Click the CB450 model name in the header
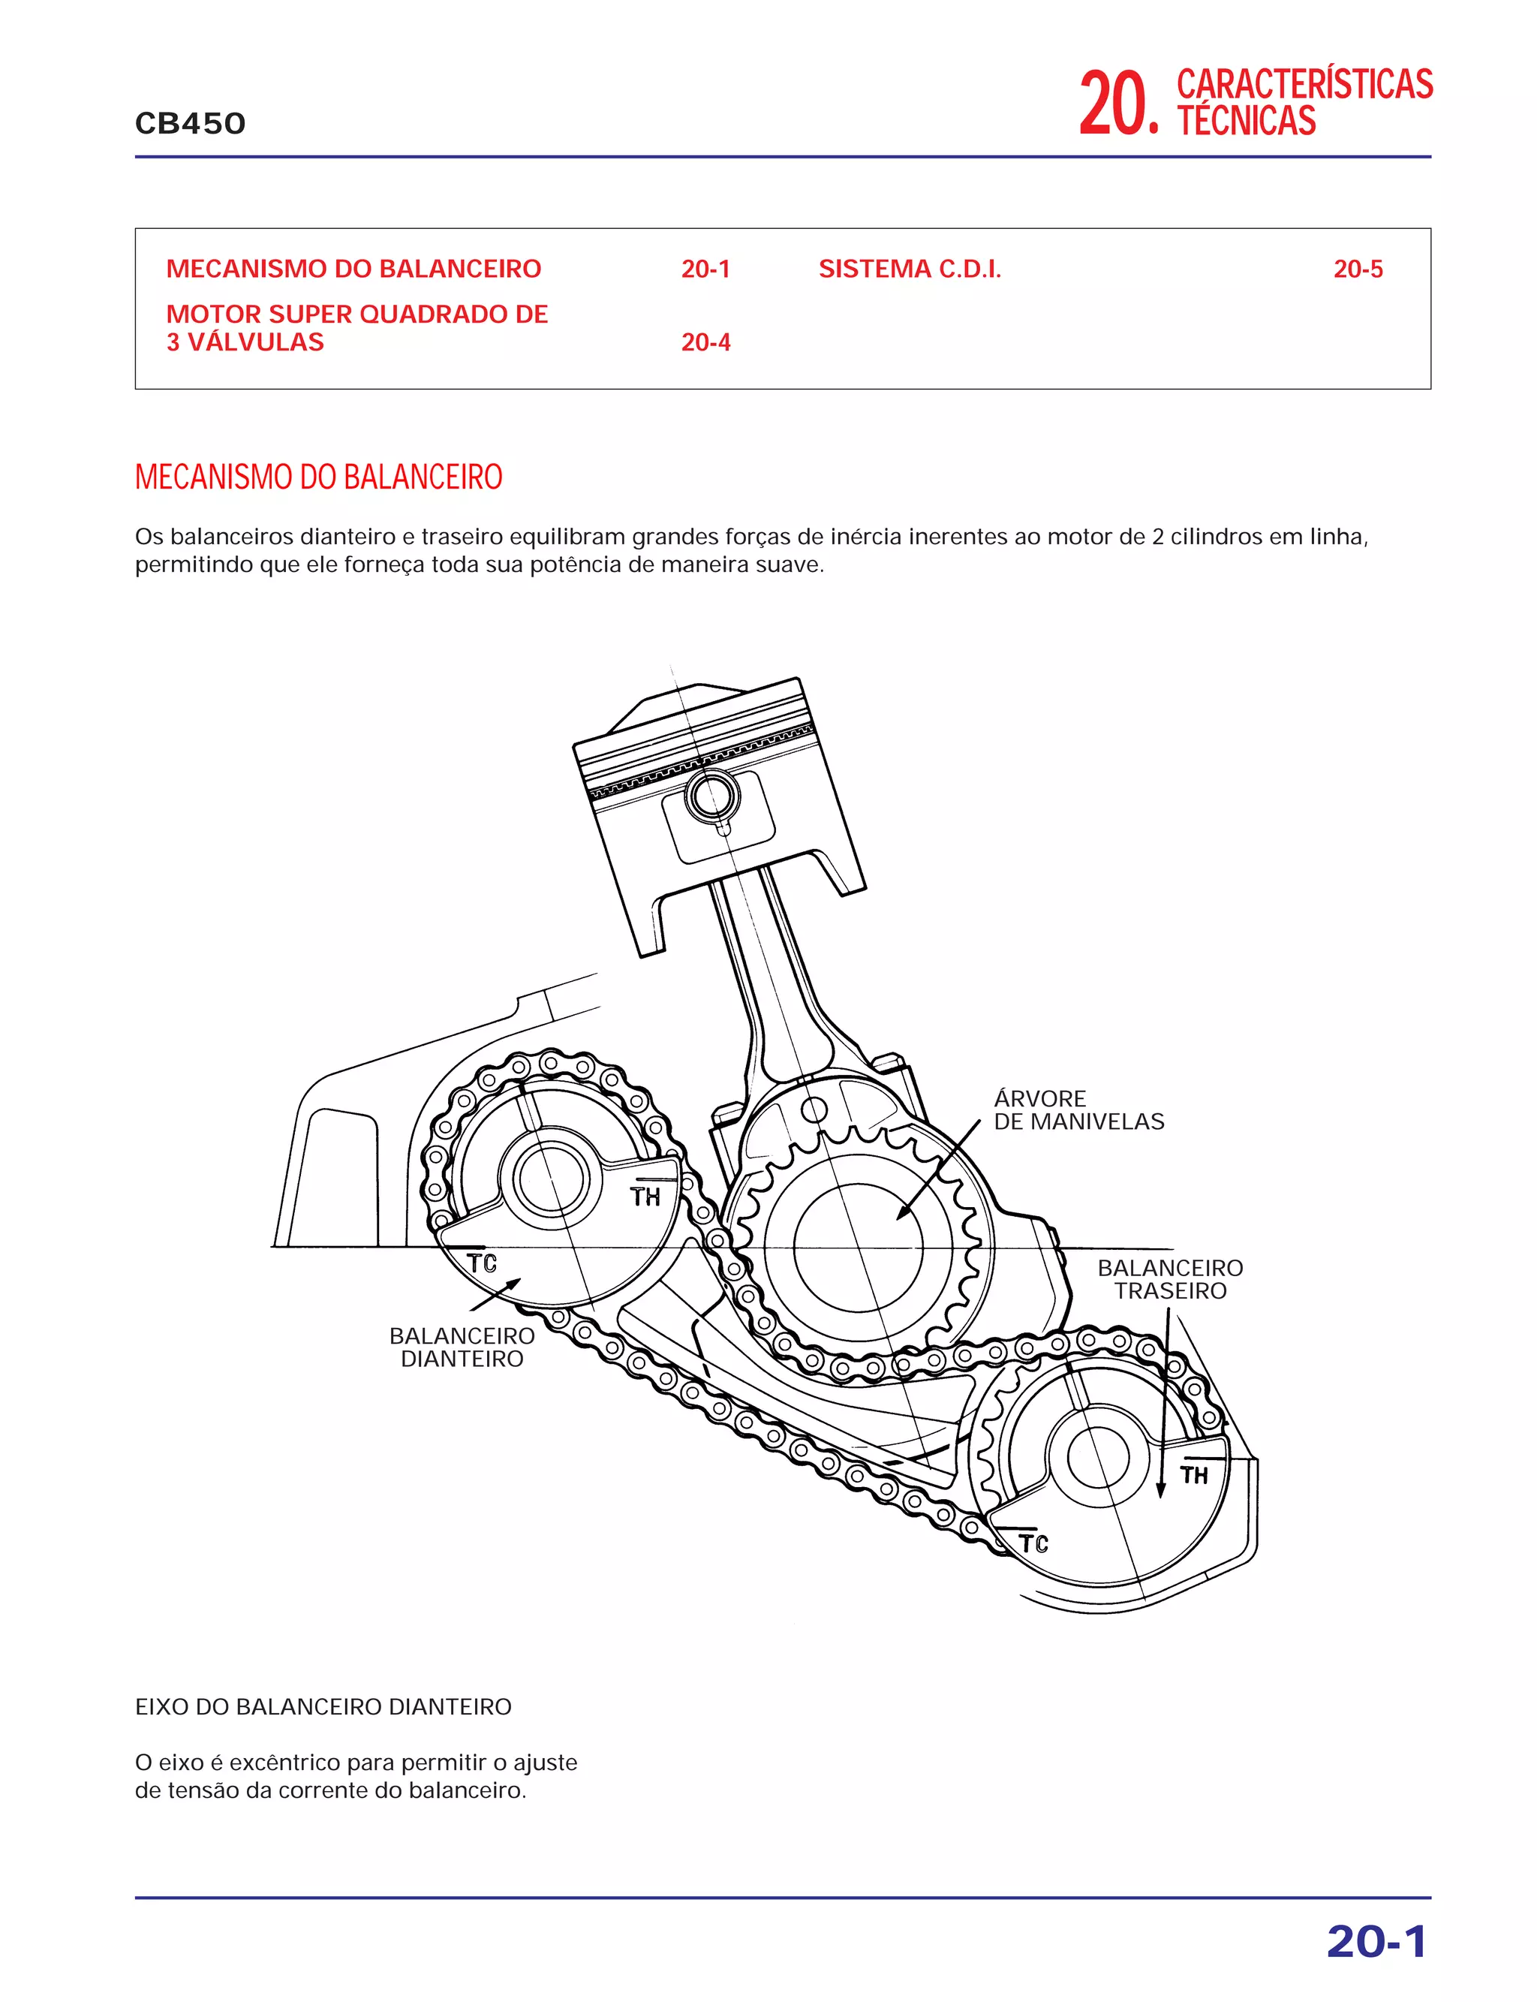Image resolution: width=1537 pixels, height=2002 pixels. [x=191, y=124]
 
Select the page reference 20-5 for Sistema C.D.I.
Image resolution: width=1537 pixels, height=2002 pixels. [x=1358, y=269]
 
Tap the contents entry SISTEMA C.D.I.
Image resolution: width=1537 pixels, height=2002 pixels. [x=910, y=269]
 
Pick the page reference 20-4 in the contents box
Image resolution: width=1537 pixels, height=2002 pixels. [x=705, y=342]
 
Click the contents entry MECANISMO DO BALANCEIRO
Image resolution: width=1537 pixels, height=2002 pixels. [x=353, y=269]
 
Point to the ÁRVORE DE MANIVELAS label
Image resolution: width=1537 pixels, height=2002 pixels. [x=1078, y=1110]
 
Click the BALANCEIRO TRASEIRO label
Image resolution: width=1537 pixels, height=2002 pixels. [x=1169, y=1279]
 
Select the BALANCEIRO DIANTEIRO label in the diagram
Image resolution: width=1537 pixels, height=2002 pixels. [x=462, y=1347]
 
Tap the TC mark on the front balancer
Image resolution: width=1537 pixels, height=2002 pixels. [x=481, y=1263]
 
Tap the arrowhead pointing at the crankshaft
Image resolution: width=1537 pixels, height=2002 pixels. [x=901, y=1215]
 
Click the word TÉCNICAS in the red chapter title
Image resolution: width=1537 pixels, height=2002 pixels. [x=1246, y=121]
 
